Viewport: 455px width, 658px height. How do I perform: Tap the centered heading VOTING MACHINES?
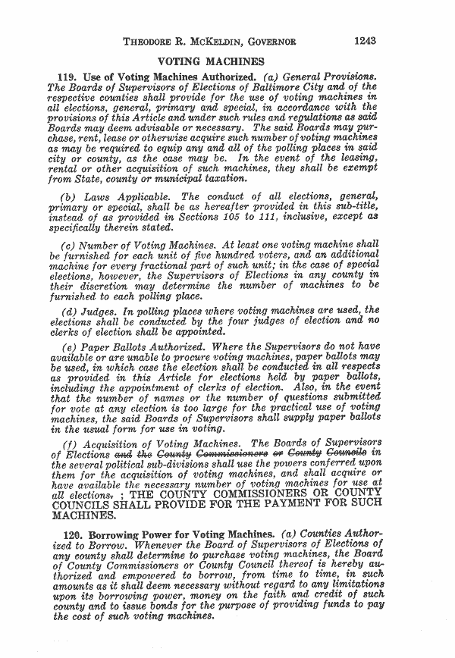tap(209, 61)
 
